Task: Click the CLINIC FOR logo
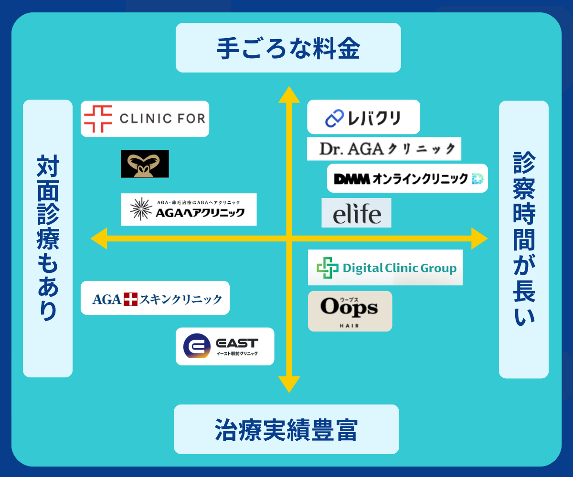coord(145,119)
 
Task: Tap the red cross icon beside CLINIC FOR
coord(98,119)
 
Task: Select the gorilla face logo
coord(145,164)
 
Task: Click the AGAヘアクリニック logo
coord(189,209)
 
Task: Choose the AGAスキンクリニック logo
coord(155,298)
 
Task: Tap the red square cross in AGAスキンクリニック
coord(130,299)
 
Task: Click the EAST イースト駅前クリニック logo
coord(225,346)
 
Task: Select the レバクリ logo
coord(363,117)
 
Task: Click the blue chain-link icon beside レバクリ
coord(334,118)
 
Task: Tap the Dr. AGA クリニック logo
coord(384,149)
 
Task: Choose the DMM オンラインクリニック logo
coord(407,178)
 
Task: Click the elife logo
coord(356,213)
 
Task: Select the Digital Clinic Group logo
coord(385,267)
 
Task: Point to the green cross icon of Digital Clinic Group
coord(328,268)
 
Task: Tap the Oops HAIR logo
coord(350,311)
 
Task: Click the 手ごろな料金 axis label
coord(288,48)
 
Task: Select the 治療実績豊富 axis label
coord(286,429)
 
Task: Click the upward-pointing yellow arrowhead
coord(289,94)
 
